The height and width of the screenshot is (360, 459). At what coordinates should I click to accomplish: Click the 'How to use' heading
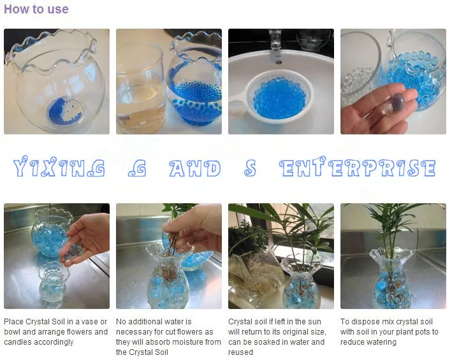pyautogui.click(x=36, y=9)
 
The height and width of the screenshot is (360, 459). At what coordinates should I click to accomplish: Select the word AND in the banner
pyautogui.click(x=195, y=168)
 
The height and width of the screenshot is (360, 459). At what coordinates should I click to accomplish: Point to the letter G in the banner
pyautogui.click(x=137, y=168)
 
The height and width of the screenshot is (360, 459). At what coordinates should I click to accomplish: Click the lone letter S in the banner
pyautogui.click(x=250, y=168)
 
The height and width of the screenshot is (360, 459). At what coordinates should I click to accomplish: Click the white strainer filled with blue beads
pyautogui.click(x=275, y=97)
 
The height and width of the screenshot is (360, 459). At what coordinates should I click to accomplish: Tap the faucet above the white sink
pyautogui.click(x=276, y=46)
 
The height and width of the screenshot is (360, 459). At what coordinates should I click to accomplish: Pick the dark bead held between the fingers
pyautogui.click(x=398, y=101)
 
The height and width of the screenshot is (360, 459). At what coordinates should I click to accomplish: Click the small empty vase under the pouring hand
pyautogui.click(x=54, y=282)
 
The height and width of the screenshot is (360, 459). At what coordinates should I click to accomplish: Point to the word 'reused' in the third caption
pyautogui.click(x=240, y=352)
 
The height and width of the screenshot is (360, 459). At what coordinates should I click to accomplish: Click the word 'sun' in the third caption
pyautogui.click(x=314, y=322)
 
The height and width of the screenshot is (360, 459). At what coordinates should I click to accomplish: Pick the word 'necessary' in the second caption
pyautogui.click(x=131, y=332)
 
